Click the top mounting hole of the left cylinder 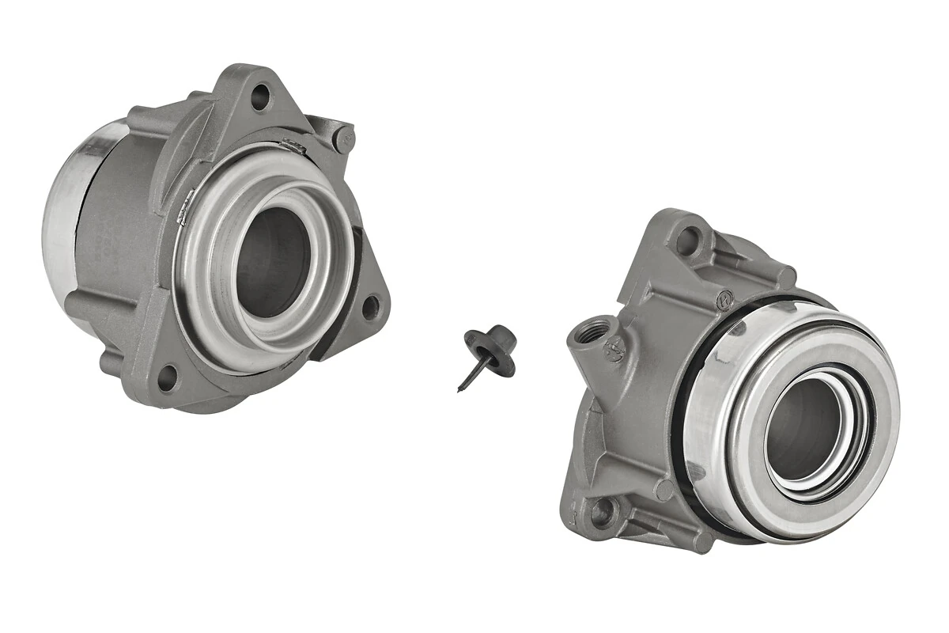point(259,98)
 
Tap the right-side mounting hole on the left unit point(370,308)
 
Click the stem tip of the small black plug point(459,388)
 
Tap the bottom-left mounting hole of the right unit point(602,514)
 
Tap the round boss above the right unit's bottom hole point(665,491)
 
